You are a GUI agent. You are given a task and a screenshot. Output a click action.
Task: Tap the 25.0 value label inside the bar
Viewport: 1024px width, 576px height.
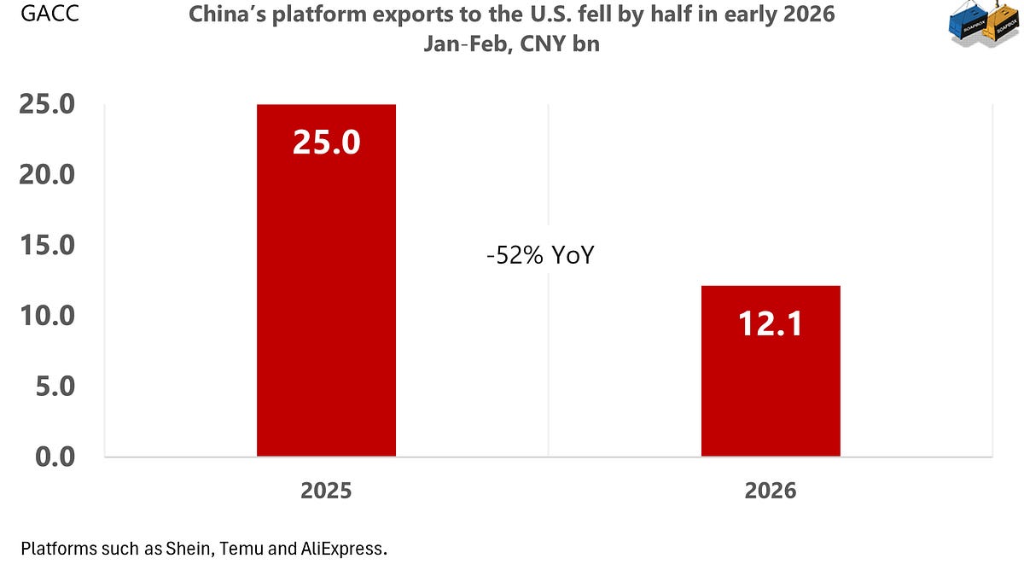tap(326, 142)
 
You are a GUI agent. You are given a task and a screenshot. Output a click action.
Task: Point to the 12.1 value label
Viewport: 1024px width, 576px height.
tap(771, 323)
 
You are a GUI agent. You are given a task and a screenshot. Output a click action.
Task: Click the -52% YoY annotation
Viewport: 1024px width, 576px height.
tap(539, 256)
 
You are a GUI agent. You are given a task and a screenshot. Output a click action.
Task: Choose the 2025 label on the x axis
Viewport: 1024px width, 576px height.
tap(326, 491)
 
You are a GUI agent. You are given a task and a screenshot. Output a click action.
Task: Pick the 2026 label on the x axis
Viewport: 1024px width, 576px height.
tap(771, 491)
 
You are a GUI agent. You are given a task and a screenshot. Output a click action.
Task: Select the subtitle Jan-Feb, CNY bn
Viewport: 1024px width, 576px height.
tap(511, 44)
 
